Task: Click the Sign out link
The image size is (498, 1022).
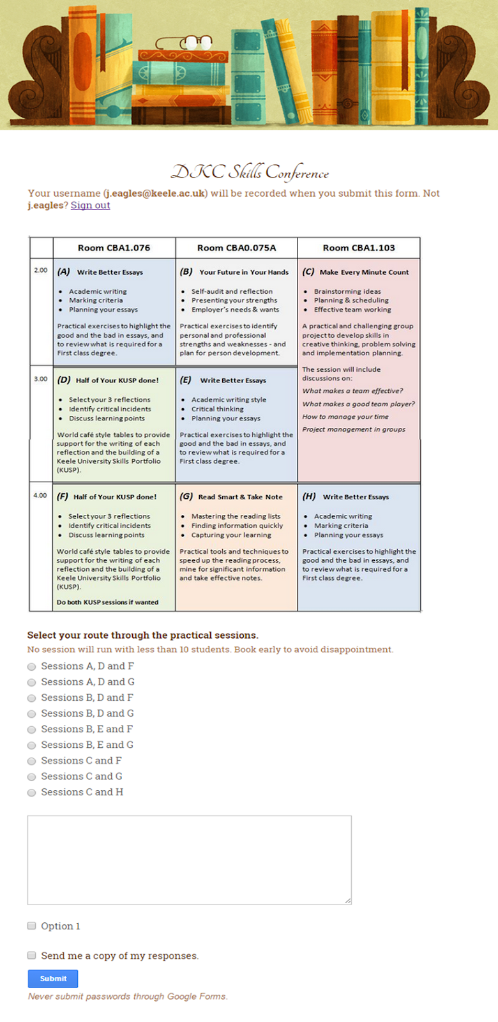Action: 90,205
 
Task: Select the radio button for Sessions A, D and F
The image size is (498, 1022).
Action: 31,666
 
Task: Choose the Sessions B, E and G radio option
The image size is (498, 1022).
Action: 31,745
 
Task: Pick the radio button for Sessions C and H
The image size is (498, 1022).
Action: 31,793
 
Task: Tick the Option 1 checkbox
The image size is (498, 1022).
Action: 31,926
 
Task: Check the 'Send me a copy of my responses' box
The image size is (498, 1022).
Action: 31,955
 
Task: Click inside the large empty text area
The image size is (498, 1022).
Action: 189,859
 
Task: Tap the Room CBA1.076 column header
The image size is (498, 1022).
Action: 114,248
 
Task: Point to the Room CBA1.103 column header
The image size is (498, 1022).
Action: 358,248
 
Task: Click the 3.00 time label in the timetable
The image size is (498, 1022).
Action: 40,379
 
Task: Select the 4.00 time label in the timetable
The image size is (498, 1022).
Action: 40,495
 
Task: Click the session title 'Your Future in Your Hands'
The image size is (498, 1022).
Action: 243,272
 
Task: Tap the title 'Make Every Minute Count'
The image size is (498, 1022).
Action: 364,272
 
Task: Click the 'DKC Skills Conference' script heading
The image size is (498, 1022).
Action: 250,172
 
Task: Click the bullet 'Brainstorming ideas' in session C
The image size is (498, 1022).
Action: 347,291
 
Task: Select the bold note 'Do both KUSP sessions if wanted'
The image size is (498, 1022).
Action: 107,602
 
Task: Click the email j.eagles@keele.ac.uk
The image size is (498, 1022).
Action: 155,193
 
